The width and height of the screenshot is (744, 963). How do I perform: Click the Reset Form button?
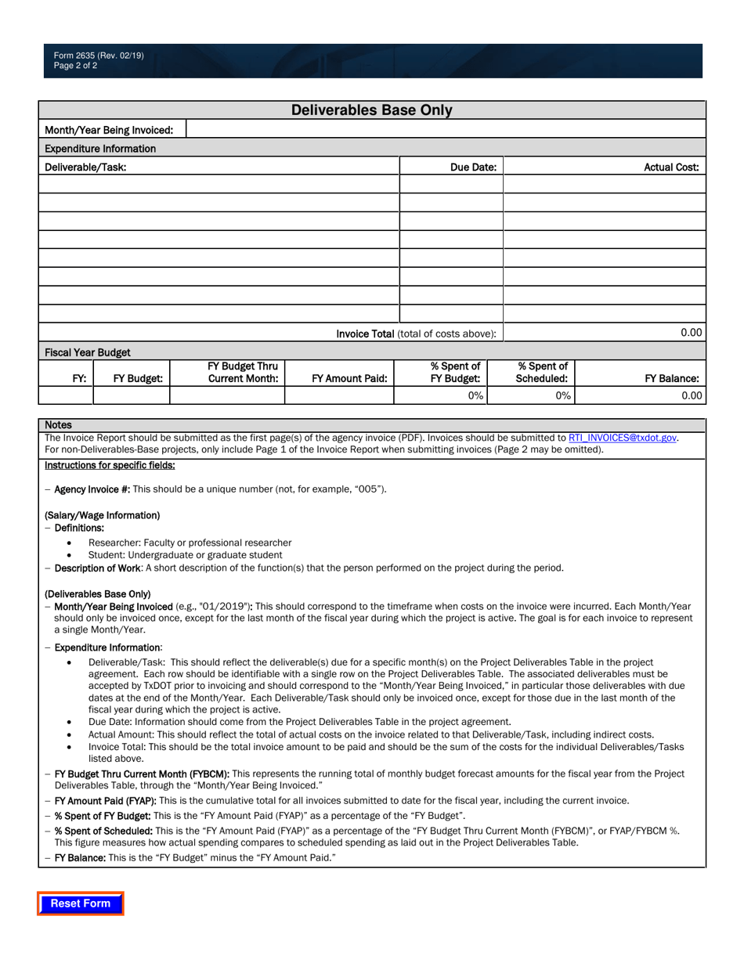click(81, 903)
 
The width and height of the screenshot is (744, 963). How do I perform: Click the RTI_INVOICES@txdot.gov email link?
click(623, 438)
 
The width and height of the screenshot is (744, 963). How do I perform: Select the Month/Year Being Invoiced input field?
click(446, 129)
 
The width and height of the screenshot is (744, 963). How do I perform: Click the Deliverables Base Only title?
click(372, 110)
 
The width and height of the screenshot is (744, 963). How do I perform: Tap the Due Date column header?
click(473, 167)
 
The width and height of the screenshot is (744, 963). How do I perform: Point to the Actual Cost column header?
click(671, 167)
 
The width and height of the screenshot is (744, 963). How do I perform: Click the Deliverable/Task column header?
click(85, 167)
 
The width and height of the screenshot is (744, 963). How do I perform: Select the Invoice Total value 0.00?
click(691, 333)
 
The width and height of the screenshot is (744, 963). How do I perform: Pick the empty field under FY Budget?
click(131, 396)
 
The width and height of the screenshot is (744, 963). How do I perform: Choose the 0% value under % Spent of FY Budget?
click(475, 396)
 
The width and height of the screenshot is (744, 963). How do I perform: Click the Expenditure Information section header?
click(100, 148)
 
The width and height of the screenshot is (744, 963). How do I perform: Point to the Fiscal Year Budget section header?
click(88, 352)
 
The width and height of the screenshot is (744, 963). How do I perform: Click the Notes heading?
click(58, 424)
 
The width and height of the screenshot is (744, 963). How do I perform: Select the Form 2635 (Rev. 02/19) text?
click(99, 56)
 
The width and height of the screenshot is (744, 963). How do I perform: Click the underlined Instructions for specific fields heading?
click(110, 465)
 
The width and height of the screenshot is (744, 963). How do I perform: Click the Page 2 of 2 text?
click(76, 66)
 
